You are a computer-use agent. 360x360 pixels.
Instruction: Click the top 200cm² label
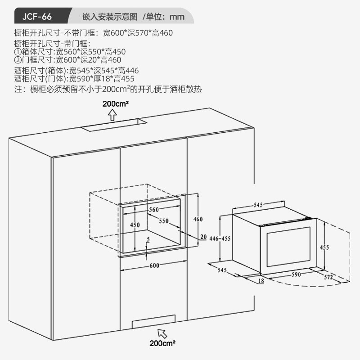click(116, 104)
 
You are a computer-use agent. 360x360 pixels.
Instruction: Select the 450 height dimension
click(135, 225)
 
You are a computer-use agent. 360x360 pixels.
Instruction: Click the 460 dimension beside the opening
click(198, 219)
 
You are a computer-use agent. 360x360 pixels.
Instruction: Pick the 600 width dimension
click(154, 265)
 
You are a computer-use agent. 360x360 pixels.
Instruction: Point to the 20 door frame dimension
click(203, 237)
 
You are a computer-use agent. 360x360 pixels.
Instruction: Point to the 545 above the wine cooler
click(258, 205)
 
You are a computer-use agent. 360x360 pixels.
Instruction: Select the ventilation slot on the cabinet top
click(114, 124)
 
